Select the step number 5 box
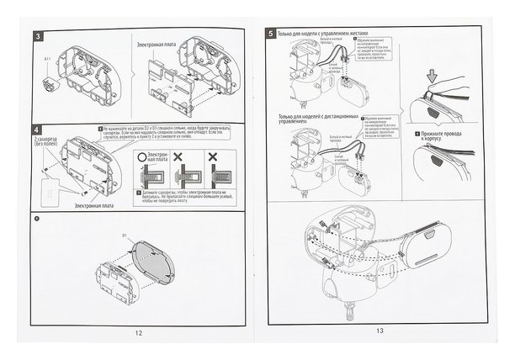[x=270, y=34]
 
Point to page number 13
[x=380, y=331]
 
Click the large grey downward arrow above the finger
[x=433, y=77]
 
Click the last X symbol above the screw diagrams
[x=217, y=157]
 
